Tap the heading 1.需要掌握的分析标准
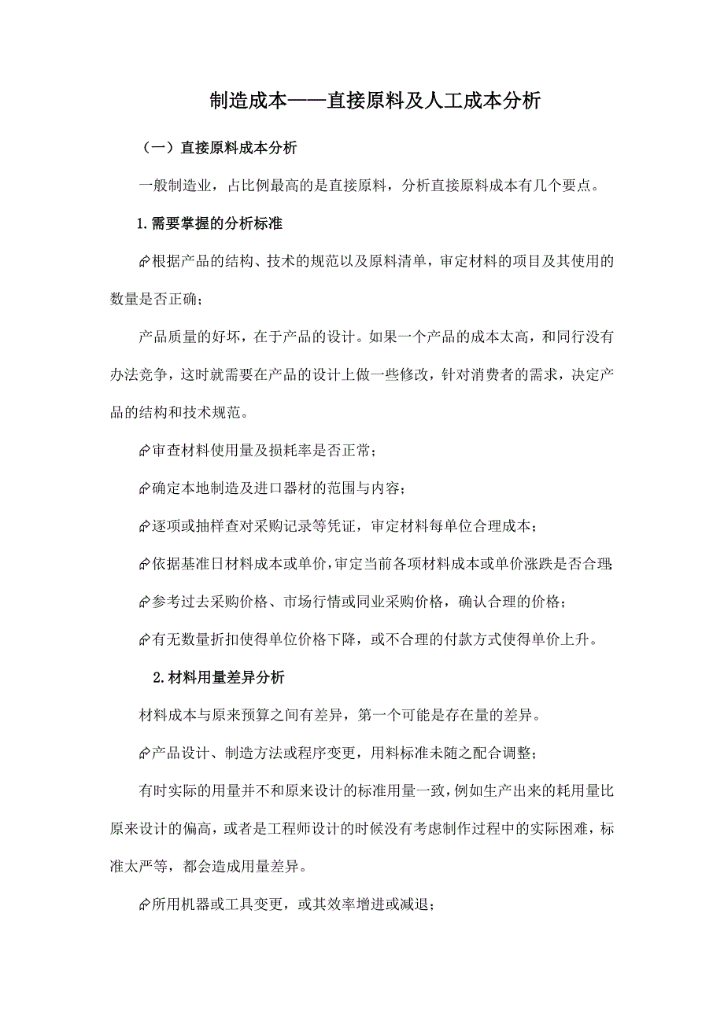(210, 223)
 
